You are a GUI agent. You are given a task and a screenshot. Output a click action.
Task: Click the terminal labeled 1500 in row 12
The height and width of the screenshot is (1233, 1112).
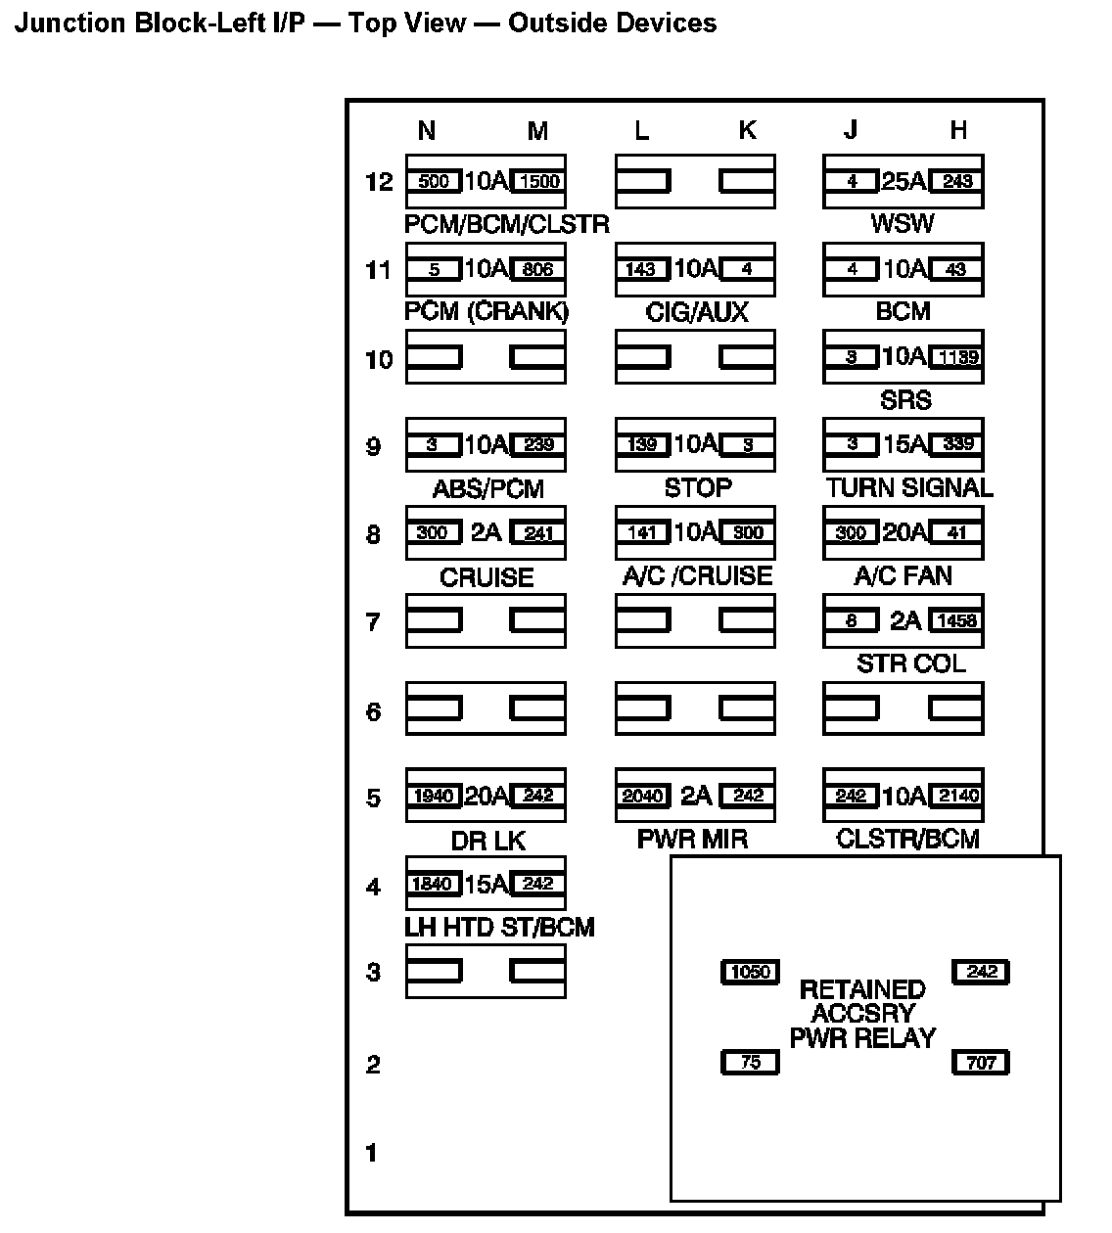point(537,181)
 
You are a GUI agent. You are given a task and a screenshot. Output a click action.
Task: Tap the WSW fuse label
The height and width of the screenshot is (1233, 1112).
point(903,223)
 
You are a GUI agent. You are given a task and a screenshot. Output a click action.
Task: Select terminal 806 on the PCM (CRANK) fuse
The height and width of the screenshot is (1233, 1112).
point(537,269)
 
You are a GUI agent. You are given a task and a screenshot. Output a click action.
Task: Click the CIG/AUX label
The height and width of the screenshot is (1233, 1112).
point(697,312)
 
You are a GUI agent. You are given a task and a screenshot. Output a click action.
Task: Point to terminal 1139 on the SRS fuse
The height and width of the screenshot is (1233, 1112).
point(956,357)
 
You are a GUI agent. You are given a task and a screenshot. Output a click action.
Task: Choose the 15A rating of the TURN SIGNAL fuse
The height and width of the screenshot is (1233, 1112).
point(903,444)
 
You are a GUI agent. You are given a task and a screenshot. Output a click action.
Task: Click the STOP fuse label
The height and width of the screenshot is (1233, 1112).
point(697,487)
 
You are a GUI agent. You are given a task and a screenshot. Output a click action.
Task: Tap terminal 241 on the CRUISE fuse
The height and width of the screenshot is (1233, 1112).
point(537,532)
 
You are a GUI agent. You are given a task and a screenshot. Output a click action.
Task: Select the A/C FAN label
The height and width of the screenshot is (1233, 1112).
point(903,575)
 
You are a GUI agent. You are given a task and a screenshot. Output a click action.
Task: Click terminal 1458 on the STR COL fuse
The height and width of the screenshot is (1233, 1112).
point(956,620)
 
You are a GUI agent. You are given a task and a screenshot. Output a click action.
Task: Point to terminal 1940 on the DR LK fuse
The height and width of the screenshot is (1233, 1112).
point(433,796)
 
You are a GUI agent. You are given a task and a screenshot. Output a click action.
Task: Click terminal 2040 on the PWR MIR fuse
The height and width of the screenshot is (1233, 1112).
point(642,796)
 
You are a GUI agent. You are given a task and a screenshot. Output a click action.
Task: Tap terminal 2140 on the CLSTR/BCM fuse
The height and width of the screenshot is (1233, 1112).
point(956,796)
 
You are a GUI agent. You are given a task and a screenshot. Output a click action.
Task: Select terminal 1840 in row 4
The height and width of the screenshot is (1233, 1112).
point(433,884)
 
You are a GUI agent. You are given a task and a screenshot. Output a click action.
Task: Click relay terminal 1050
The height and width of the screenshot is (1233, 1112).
point(750,972)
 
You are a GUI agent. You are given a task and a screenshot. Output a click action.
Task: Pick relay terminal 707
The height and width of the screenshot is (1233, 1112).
point(981,1062)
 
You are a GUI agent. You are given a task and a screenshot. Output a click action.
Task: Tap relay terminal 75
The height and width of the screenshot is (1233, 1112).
point(750,1062)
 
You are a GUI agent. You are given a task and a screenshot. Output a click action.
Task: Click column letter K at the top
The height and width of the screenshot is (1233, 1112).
point(747,130)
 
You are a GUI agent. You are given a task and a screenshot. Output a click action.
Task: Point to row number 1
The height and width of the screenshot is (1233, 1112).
point(371,1153)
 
